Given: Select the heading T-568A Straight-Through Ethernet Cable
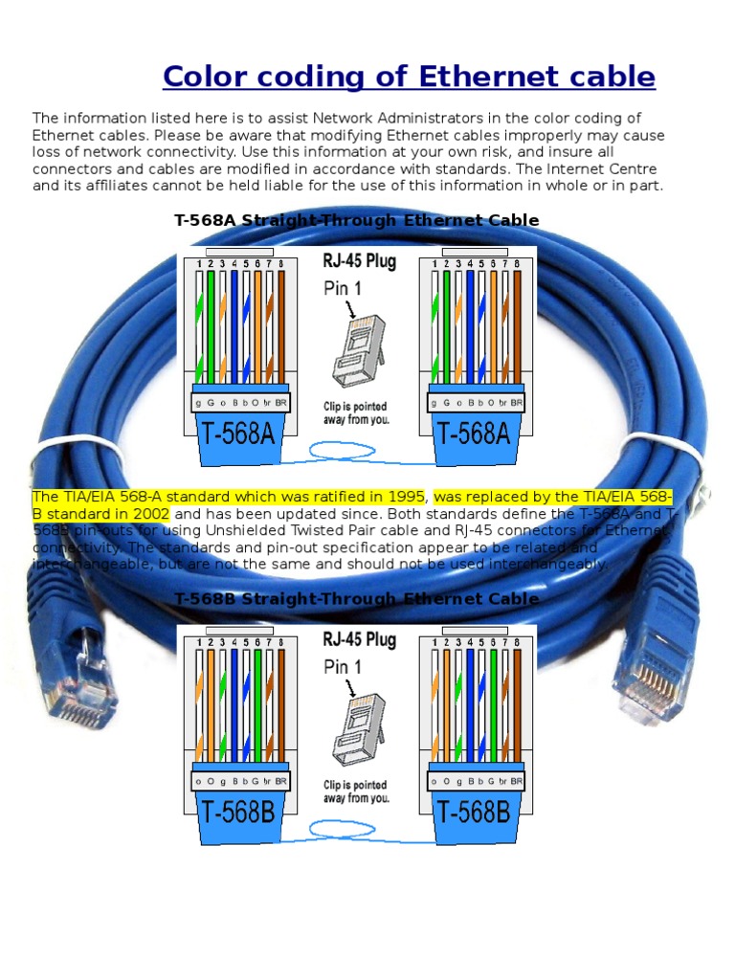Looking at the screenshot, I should [356, 220].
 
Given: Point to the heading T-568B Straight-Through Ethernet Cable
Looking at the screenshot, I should [356, 598].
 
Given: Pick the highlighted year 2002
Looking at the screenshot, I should [135, 513].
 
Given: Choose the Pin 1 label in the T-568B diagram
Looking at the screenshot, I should [343, 667].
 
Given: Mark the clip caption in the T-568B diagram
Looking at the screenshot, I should [356, 791].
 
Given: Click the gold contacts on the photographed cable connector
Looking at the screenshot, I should [659, 679].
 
